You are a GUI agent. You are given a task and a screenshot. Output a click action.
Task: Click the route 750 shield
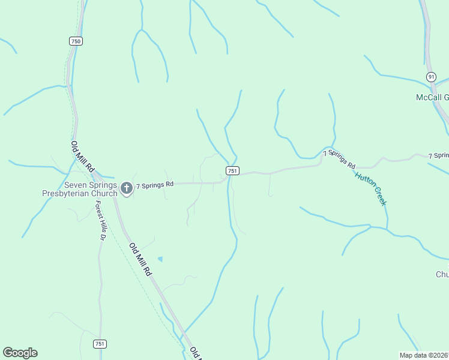click(76, 41)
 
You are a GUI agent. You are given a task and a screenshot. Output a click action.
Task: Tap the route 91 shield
click(431, 77)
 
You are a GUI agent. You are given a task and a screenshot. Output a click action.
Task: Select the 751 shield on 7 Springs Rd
click(233, 171)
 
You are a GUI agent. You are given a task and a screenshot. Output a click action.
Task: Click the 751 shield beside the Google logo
click(100, 344)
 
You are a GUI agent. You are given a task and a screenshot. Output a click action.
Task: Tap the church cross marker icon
click(126, 188)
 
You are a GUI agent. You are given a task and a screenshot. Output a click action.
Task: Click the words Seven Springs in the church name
click(90, 185)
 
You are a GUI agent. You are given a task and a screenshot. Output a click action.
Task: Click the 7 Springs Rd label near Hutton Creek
click(340, 160)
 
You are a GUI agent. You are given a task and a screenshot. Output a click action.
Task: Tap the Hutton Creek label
click(370, 188)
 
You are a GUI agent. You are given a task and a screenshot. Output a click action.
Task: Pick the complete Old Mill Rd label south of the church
click(139, 259)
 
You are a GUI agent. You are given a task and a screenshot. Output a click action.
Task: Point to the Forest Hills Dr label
click(100, 220)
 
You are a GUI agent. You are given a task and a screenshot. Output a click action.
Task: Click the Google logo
click(20, 353)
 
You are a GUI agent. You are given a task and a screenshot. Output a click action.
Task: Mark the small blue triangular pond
click(160, 259)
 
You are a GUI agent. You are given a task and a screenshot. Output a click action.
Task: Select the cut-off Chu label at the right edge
click(442, 274)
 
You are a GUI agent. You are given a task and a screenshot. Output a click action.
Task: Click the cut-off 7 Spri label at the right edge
click(439, 156)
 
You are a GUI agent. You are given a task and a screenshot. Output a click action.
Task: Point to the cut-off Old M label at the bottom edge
click(194, 353)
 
